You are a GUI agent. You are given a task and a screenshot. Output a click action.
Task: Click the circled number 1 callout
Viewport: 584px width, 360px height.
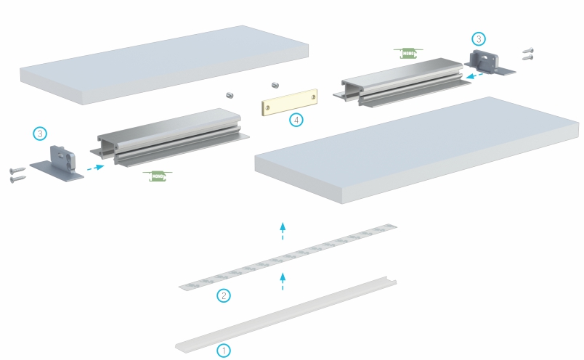tap(224, 350)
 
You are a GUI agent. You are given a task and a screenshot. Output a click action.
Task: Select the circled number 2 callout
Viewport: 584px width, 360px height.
tap(224, 295)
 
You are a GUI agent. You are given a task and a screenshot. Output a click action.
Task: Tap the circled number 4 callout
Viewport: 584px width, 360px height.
tap(296, 120)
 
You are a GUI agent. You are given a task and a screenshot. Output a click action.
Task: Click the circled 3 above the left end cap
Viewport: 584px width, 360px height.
tap(40, 134)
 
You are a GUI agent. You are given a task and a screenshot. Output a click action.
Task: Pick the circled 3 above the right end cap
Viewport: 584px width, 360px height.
tap(477, 38)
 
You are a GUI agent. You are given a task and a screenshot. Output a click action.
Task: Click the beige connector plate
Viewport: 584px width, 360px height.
tap(290, 102)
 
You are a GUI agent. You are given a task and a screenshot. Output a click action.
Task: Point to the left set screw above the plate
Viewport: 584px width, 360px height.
tap(230, 94)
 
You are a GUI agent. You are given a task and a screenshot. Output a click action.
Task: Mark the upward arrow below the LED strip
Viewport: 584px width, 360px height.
tap(283, 281)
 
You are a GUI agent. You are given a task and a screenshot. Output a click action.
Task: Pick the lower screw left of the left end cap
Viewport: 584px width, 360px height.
tap(17, 179)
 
